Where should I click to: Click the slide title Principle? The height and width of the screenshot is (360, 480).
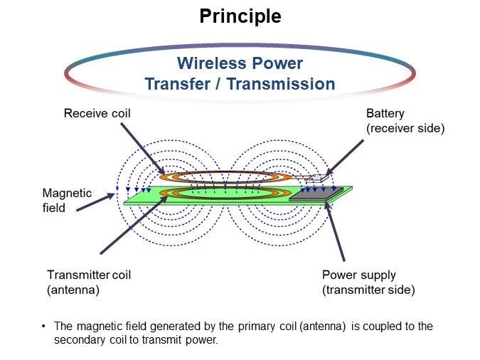240,16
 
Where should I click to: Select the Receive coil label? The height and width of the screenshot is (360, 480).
97,112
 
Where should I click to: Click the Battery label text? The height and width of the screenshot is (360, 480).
383,113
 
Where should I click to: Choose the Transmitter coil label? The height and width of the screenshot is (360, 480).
89,275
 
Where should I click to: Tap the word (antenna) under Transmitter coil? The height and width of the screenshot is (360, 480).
74,290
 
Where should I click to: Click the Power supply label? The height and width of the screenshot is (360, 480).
358,275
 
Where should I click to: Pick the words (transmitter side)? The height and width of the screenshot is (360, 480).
368,290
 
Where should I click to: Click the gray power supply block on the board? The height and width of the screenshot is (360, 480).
320,194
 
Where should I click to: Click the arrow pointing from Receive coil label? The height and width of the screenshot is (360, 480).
142,149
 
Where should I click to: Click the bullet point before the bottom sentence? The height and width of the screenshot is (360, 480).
44,326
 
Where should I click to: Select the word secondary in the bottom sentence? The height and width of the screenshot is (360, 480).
75,339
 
